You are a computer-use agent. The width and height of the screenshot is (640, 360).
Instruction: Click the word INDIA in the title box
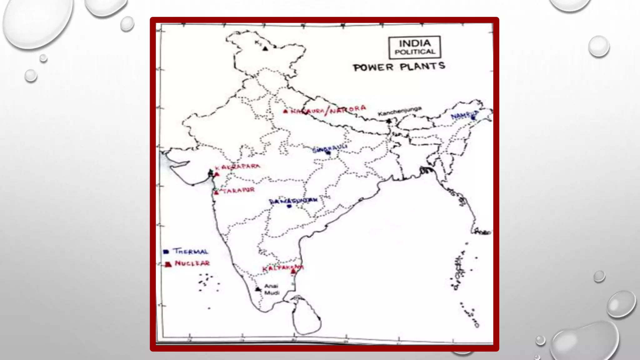(415, 43)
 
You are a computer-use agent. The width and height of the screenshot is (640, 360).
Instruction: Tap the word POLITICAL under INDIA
(415, 52)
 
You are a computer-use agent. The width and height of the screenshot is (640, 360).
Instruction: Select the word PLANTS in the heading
(422, 66)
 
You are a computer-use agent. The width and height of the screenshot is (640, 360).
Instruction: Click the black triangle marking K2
(265, 48)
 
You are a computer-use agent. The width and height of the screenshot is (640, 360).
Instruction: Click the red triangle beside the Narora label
(285, 111)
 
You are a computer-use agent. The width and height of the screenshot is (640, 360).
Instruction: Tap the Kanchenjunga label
(400, 111)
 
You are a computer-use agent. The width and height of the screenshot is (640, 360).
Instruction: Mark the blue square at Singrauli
(328, 153)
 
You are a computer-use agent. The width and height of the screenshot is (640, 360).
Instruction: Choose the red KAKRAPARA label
(237, 167)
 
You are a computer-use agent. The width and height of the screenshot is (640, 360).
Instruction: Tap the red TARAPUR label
(238, 190)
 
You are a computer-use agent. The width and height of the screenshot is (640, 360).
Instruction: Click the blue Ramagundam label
(293, 200)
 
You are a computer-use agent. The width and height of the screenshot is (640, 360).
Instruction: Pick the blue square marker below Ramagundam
(289, 206)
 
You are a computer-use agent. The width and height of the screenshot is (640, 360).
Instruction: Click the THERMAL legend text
(191, 251)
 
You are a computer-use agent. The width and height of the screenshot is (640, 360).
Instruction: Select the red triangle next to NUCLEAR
(168, 264)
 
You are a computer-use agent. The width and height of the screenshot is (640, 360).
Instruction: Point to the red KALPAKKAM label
(282, 268)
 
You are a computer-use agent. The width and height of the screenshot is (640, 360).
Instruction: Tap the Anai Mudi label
(271, 289)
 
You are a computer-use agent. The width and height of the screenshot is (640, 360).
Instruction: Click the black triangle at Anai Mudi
(258, 289)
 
